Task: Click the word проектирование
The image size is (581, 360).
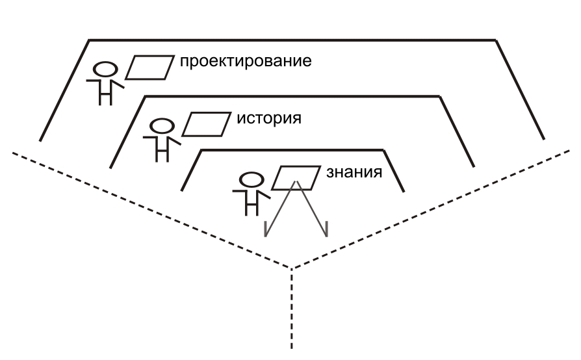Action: [246, 62]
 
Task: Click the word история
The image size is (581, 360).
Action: [269, 118]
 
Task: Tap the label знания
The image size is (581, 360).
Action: [354, 173]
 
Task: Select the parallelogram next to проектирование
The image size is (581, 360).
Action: [149, 68]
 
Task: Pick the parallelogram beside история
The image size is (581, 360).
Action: [207, 125]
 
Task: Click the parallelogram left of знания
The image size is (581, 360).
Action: [296, 178]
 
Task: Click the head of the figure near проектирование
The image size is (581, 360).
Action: [105, 70]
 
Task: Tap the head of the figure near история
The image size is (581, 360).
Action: [162, 126]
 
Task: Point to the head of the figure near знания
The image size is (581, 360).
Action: [252, 180]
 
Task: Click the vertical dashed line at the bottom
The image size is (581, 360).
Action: [292, 309]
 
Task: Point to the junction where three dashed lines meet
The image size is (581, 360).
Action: [292, 268]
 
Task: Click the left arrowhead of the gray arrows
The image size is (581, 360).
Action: [266, 229]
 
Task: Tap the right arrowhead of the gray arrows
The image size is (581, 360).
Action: [326, 229]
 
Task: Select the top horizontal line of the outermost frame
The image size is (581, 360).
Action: [292, 40]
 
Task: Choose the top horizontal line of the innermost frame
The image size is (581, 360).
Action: [292, 150]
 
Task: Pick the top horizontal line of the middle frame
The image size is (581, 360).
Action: [292, 96]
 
